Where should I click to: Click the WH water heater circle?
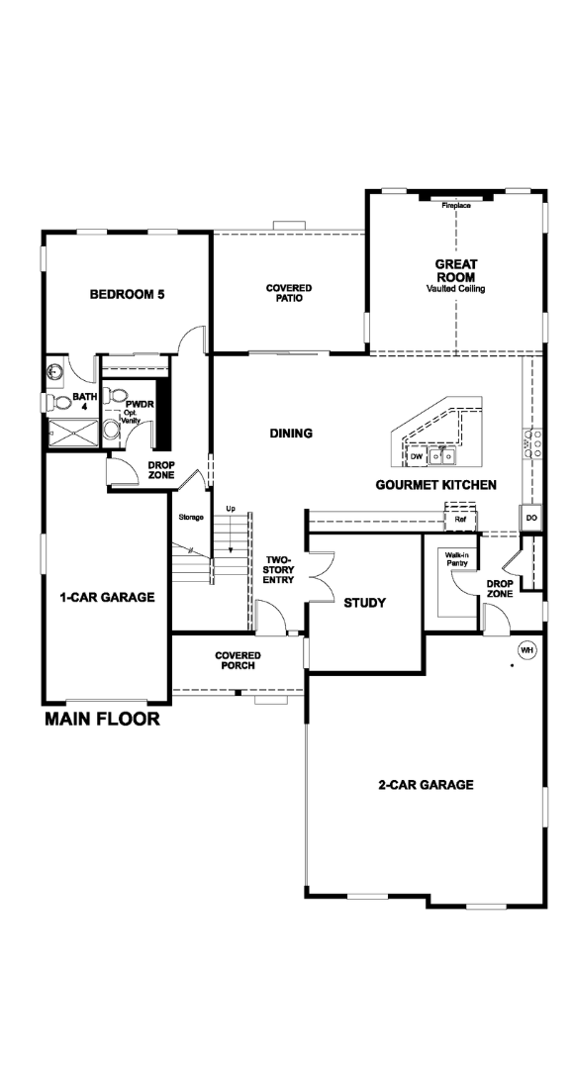(526, 650)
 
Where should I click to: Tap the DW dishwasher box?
(417, 456)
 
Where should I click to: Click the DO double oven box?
(531, 518)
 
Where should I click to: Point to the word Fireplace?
(456, 205)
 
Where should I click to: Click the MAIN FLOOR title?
(102, 718)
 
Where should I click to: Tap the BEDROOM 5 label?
(129, 295)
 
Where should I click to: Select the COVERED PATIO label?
(289, 293)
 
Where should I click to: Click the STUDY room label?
(365, 603)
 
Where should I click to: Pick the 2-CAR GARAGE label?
(427, 785)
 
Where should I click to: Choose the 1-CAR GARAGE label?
(107, 597)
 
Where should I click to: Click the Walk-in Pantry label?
(457, 559)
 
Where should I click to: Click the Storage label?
(192, 518)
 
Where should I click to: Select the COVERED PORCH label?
(238, 660)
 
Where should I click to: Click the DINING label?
(291, 433)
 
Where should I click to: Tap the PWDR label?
(140, 404)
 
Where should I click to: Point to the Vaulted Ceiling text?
(456, 289)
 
